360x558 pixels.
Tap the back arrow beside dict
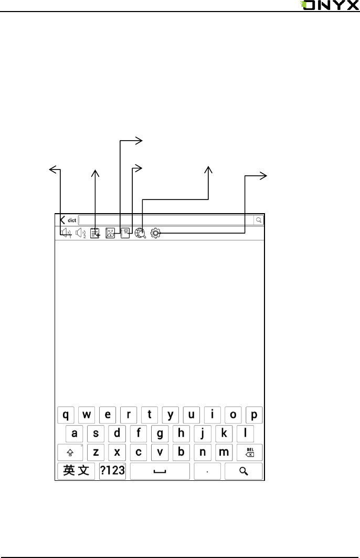[62, 220]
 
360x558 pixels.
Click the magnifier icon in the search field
[259, 220]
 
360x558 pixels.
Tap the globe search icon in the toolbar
[140, 233]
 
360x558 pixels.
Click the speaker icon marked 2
[80, 233]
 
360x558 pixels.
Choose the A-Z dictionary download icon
[110, 233]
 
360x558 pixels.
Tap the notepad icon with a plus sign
[95, 233]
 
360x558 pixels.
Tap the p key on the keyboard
[254, 415]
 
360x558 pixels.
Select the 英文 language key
[77, 470]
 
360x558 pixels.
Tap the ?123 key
[112, 470]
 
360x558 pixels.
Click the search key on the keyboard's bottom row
[243, 471]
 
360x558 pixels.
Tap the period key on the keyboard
[208, 471]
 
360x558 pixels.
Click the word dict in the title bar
[72, 220]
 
